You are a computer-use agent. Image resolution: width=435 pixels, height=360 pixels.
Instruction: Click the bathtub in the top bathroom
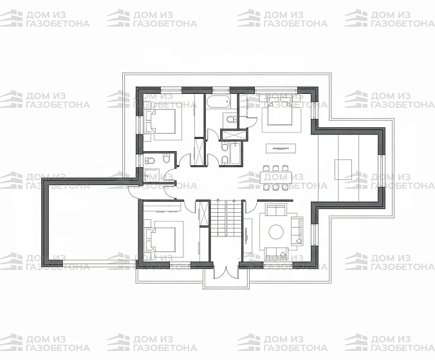coord(218,102)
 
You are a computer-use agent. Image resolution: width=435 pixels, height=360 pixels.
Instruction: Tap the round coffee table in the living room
coord(276,231)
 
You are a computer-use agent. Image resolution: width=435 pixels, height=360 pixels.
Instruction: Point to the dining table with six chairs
coord(276,177)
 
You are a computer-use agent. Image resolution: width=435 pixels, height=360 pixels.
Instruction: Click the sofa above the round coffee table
coord(276,210)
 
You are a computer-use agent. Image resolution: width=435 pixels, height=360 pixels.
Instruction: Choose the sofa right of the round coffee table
coord(297,231)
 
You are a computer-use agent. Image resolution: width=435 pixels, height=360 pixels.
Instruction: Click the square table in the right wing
coord(343,169)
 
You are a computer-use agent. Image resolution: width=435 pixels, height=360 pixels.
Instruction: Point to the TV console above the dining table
coord(281,148)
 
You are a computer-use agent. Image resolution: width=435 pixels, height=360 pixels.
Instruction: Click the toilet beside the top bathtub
coord(231,120)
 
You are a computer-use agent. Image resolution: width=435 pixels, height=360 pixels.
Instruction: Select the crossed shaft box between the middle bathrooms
coord(234,135)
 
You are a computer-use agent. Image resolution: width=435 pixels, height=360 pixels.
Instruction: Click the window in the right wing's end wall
coord(382,171)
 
